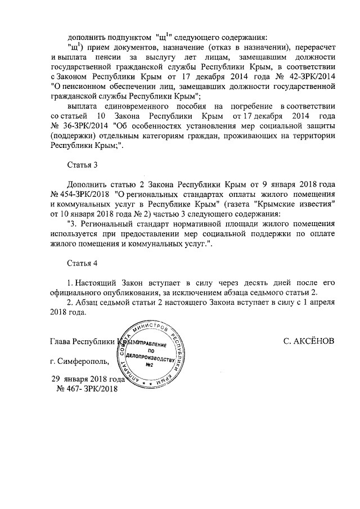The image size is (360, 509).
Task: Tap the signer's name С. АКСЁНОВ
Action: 310,341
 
